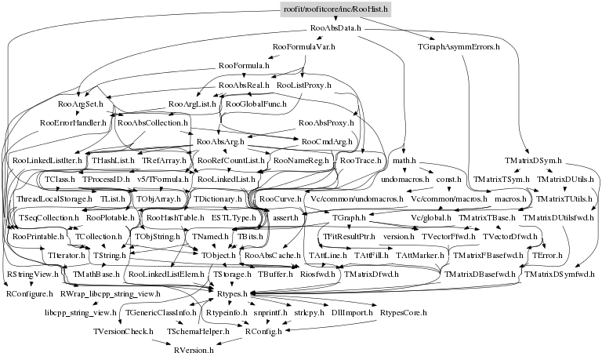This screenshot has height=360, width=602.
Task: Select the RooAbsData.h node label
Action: tap(335, 28)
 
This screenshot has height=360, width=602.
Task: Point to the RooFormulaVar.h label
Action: tap(303, 47)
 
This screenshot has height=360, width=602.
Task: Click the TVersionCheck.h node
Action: tap(121, 331)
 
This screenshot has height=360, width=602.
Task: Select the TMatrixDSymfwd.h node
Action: tap(560, 275)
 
